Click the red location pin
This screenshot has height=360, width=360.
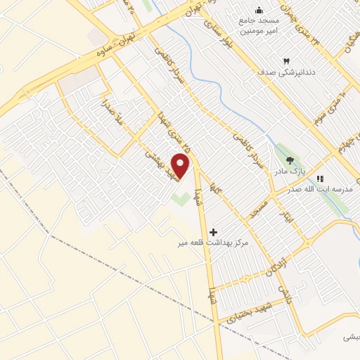181,166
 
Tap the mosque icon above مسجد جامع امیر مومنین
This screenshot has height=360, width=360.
259,10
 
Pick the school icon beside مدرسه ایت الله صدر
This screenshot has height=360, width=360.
321,179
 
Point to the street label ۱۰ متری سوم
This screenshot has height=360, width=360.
328,103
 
